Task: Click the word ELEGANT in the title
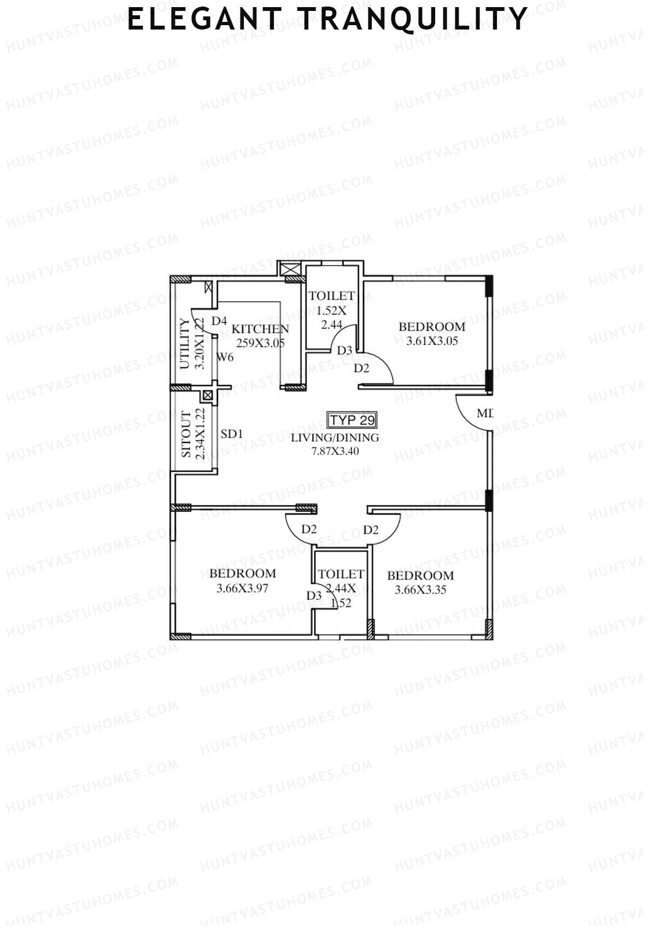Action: (x=203, y=20)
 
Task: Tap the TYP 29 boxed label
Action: (x=352, y=420)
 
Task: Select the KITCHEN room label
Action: (x=260, y=329)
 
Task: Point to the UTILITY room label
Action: (x=185, y=344)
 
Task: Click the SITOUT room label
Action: (x=186, y=435)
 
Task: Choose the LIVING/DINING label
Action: (x=335, y=437)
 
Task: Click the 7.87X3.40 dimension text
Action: (x=335, y=451)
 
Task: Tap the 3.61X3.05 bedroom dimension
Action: (x=432, y=341)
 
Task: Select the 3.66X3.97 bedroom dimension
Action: (x=242, y=588)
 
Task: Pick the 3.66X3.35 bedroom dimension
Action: (x=420, y=590)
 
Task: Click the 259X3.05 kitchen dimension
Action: (x=260, y=343)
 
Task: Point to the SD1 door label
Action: (x=232, y=434)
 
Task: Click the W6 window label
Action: (x=225, y=358)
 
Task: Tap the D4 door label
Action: (x=219, y=321)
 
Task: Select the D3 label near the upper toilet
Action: (x=344, y=351)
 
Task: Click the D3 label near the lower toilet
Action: (x=314, y=596)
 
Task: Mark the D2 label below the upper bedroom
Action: (x=361, y=368)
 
